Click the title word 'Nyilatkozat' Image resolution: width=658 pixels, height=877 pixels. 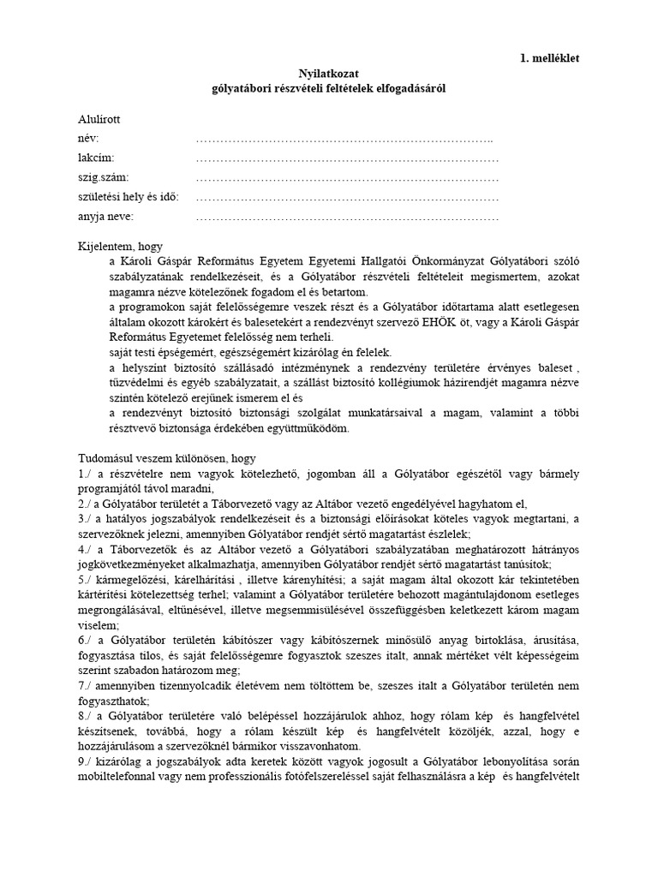pos(329,75)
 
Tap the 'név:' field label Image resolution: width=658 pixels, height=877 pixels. pos(88,140)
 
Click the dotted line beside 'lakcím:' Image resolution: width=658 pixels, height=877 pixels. pos(347,159)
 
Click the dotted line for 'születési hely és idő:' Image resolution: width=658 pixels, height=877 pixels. pos(347,198)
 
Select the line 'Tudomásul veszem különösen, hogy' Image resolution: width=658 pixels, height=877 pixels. pos(166,459)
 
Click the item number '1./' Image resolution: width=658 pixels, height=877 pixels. pos(86,474)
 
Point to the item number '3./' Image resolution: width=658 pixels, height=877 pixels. pos(86,519)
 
